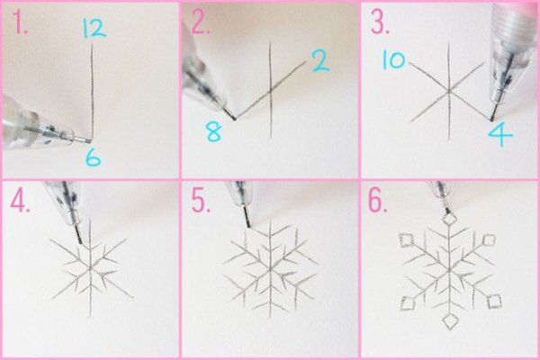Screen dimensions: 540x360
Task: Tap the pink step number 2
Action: click(x=200, y=23)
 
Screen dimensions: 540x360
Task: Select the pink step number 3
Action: click(x=380, y=23)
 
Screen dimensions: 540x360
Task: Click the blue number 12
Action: click(x=94, y=28)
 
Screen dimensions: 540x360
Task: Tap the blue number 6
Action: click(x=93, y=158)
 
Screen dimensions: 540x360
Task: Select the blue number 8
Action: click(x=213, y=132)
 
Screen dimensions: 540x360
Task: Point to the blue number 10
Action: click(x=394, y=60)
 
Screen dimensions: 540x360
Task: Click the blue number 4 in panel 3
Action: click(x=500, y=135)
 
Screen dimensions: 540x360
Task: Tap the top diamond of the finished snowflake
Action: click(x=450, y=219)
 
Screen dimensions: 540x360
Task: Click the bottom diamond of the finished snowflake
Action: click(x=450, y=321)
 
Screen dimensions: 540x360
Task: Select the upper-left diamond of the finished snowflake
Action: click(x=407, y=240)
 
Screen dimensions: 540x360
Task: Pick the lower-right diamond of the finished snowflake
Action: click(x=494, y=301)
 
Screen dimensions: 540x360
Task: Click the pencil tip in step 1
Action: click(x=90, y=140)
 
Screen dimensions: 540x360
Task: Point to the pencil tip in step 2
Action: click(x=234, y=119)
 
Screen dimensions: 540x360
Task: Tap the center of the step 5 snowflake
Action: click(x=271, y=267)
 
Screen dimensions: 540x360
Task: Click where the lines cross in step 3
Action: click(x=449, y=91)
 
